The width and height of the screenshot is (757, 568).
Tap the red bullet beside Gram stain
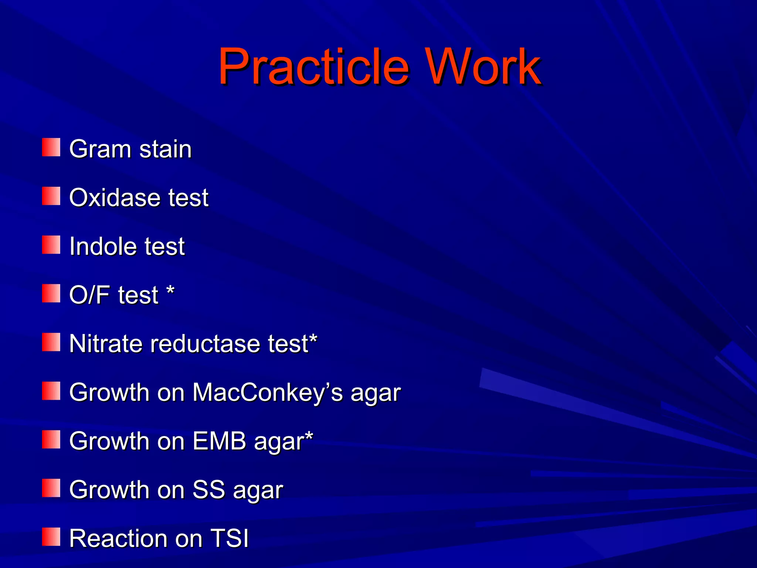click(51, 147)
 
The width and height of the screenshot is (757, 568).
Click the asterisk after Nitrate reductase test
click(313, 339)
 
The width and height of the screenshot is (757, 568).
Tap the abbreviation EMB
click(219, 441)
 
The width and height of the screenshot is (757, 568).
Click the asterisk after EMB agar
click(309, 436)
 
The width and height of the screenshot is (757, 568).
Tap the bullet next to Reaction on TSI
click(51, 537)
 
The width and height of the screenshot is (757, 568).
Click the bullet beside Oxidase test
click(51, 196)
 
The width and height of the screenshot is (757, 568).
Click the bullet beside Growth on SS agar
click(51, 488)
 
